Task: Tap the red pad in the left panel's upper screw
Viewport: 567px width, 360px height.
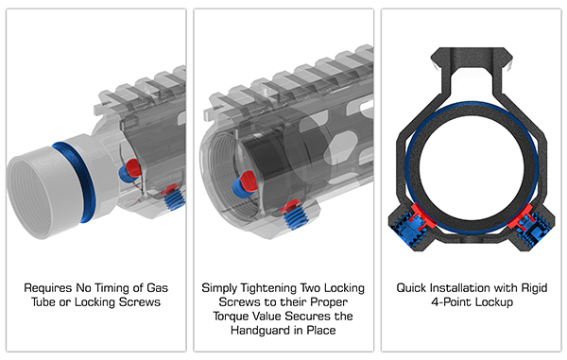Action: tap(132, 167)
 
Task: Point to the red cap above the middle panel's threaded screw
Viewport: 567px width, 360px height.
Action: tap(291, 206)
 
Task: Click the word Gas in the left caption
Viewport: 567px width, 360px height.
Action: tap(157, 288)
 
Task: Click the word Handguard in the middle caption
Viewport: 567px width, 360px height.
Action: tap(260, 331)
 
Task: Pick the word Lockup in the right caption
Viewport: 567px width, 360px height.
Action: tap(494, 302)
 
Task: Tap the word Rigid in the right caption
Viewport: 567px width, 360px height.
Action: tap(534, 288)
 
